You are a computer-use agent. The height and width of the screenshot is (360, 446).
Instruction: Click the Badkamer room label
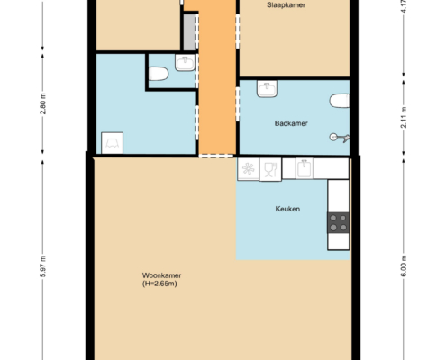(291, 123)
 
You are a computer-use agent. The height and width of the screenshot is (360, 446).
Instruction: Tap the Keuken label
(287, 209)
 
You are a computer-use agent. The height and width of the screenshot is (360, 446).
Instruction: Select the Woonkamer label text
(161, 275)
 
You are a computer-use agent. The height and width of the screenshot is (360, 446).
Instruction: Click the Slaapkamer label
(286, 5)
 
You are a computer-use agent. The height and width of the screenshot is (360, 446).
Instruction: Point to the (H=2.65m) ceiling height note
(159, 283)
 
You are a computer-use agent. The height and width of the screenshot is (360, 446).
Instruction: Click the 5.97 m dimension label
(43, 266)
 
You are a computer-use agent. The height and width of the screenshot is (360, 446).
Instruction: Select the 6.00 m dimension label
(404, 265)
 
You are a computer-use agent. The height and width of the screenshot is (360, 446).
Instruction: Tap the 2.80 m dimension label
(43, 103)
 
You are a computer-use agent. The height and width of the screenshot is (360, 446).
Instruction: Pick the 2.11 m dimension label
(404, 118)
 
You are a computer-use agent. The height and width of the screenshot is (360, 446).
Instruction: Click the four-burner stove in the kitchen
(338, 223)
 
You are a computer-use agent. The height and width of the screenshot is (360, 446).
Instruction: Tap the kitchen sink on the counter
(305, 168)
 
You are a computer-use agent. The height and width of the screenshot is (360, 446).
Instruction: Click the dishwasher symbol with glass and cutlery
(270, 170)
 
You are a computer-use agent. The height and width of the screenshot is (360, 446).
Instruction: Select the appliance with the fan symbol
(248, 169)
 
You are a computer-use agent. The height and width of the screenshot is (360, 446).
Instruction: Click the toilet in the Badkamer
(340, 101)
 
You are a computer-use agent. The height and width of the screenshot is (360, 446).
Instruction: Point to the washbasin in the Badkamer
(267, 89)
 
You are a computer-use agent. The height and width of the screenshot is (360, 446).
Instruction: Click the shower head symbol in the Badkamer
(340, 138)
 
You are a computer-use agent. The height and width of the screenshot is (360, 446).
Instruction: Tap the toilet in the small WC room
(159, 74)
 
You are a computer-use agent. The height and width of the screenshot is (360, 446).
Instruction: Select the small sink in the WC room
(185, 63)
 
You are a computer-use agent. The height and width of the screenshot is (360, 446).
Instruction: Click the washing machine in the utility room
(112, 143)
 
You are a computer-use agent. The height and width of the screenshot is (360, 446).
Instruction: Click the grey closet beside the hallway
(189, 32)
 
